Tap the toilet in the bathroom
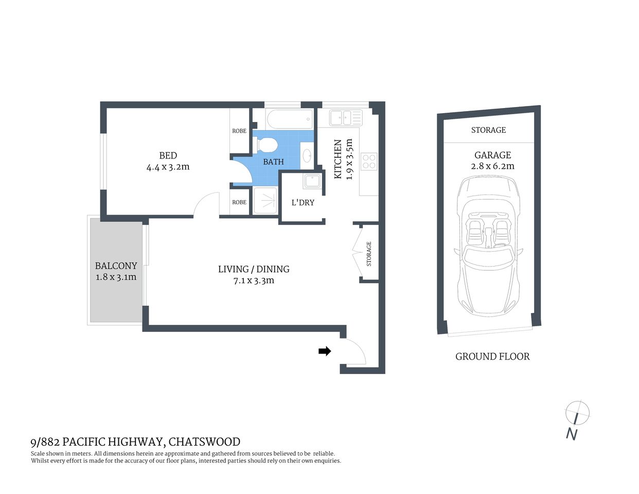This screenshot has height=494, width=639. pyautogui.click(x=268, y=145)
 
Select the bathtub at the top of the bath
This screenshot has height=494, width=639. pyautogui.click(x=290, y=119)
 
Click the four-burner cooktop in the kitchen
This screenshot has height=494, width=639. pyautogui.click(x=369, y=162)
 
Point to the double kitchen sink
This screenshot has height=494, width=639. pyautogui.click(x=346, y=117)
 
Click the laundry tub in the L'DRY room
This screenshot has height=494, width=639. pyautogui.click(x=312, y=181)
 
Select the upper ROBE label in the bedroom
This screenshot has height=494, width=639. pyautogui.click(x=239, y=131)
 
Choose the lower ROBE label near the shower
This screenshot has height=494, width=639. pyautogui.click(x=239, y=202)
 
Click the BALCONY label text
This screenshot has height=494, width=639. pyautogui.click(x=116, y=266)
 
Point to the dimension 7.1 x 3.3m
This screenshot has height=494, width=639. pyautogui.click(x=254, y=280)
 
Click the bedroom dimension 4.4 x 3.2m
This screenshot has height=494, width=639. pyautogui.click(x=168, y=167)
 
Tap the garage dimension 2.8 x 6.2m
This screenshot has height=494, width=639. pyautogui.click(x=492, y=166)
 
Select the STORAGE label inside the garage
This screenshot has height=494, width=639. pyautogui.click(x=488, y=130)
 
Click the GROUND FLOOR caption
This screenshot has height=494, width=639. pyautogui.click(x=492, y=356)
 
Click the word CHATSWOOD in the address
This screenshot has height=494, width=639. pyautogui.click(x=204, y=442)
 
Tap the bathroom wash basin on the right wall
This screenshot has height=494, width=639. pyautogui.click(x=307, y=155)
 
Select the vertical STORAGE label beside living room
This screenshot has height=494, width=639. pyautogui.click(x=369, y=254)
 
